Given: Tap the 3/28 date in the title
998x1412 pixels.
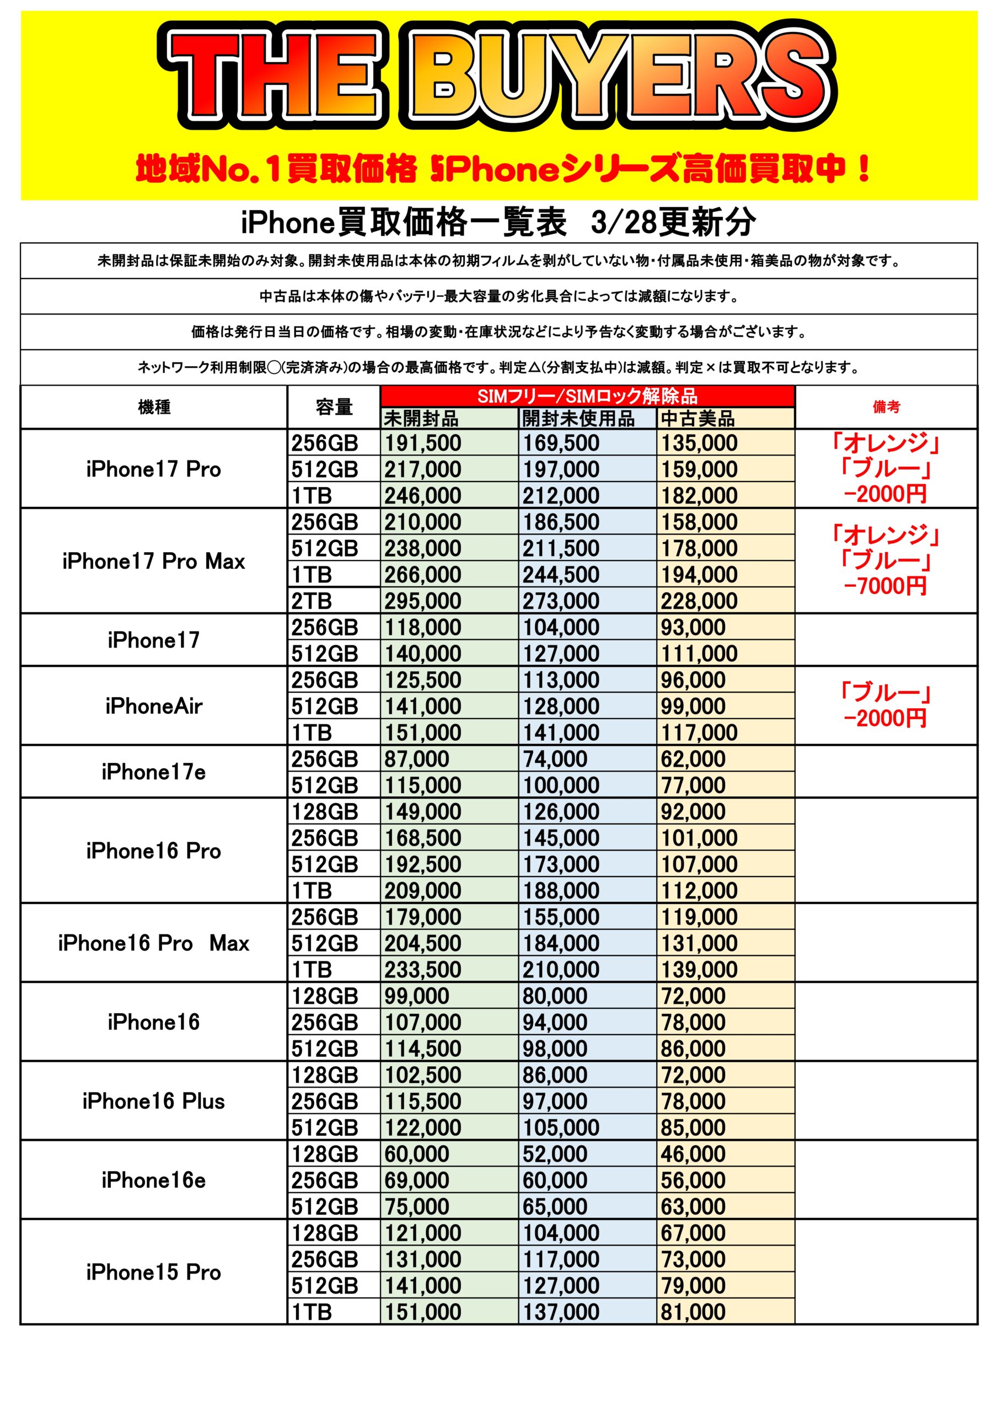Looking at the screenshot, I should pyautogui.click(x=623, y=222).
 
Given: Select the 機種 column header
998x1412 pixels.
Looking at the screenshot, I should pyautogui.click(x=154, y=407).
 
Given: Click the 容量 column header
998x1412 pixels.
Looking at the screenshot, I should pyautogui.click(x=334, y=407).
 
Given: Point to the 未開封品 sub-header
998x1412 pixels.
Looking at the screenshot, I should pyautogui.click(x=421, y=419).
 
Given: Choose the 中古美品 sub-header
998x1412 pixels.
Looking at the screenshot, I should pyautogui.click(x=697, y=419).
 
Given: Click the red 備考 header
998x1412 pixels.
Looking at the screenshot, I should pyautogui.click(x=886, y=407).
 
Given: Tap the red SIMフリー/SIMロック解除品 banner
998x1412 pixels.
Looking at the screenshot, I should pyautogui.click(x=587, y=396).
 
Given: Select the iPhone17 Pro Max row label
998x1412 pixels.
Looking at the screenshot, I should pyautogui.click(x=154, y=561).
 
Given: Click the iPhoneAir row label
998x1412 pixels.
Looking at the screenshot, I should pyautogui.click(x=154, y=706).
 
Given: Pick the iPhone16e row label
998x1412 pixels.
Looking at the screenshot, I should pyautogui.click(x=154, y=1180).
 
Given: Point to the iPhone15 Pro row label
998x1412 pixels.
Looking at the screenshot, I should pyautogui.click(x=154, y=1272).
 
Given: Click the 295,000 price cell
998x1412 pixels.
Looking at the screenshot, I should pyautogui.click(x=423, y=601).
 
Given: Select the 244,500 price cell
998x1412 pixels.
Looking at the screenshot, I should pyautogui.click(x=561, y=574).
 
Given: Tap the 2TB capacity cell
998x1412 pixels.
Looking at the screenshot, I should pyautogui.click(x=312, y=601).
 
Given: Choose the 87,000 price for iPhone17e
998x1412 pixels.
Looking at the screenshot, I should pyautogui.click(x=417, y=759).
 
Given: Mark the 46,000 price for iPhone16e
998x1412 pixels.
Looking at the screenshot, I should pyautogui.click(x=693, y=1154).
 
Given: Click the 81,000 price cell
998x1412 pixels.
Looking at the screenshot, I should pyautogui.click(x=693, y=1312).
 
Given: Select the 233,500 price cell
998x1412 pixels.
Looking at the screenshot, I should pyautogui.click(x=423, y=970).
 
